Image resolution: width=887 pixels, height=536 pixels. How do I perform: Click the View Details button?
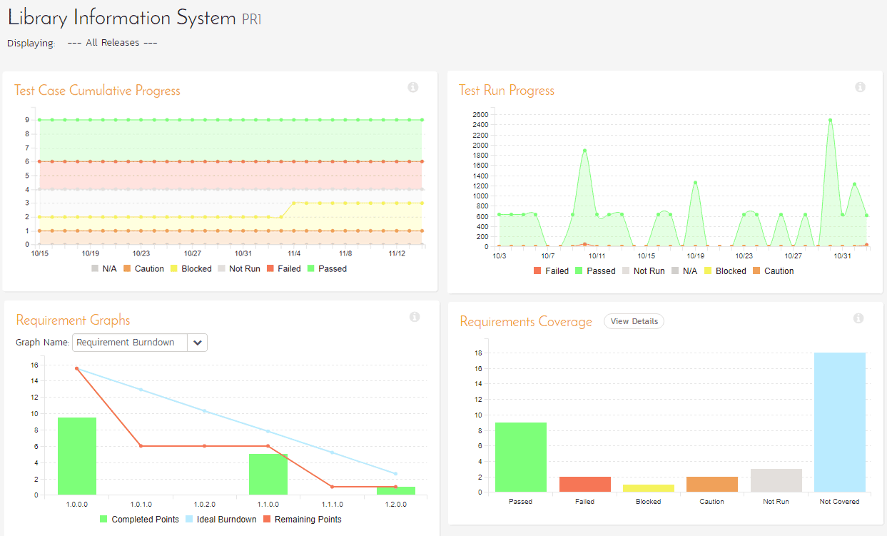(x=634, y=321)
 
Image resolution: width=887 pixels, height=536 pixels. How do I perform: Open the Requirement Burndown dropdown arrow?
(x=197, y=343)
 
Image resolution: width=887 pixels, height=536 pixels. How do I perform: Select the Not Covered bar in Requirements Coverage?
(x=840, y=423)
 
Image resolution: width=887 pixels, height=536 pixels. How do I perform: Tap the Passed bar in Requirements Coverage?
(x=521, y=457)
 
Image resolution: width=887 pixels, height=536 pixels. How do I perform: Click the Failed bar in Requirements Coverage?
(x=585, y=484)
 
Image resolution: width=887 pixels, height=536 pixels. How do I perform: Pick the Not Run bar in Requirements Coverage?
(x=776, y=480)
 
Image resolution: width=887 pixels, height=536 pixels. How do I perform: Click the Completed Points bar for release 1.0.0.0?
(x=77, y=456)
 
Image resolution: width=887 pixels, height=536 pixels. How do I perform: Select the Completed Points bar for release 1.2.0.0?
(x=396, y=490)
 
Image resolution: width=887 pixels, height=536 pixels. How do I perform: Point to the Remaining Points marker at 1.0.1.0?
(x=141, y=446)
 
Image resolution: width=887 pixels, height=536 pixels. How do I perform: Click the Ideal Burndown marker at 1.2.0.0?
(x=395, y=473)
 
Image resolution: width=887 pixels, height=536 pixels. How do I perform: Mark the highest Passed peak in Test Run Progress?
(x=830, y=120)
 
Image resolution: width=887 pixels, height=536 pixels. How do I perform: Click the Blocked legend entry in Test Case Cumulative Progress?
(x=191, y=268)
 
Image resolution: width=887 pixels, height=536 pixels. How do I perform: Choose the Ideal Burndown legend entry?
(x=221, y=519)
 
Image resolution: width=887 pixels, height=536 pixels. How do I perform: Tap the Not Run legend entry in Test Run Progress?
(x=644, y=271)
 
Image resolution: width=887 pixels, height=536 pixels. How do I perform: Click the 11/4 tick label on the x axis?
(x=294, y=253)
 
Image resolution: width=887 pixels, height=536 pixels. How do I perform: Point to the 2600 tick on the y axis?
(x=480, y=114)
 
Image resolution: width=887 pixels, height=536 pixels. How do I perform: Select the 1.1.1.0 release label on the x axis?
(x=333, y=505)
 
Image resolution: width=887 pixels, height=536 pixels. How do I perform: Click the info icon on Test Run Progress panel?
(x=860, y=87)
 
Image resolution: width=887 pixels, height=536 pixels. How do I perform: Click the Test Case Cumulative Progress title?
(x=97, y=91)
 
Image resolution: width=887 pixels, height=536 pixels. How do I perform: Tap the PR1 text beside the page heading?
(x=251, y=19)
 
